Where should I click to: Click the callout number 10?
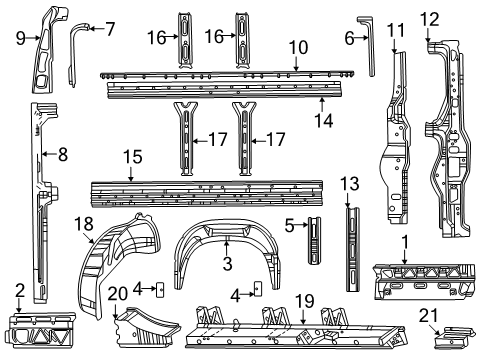(x=298, y=47)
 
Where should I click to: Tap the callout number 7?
(x=110, y=27)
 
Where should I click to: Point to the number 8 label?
(x=62, y=154)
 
